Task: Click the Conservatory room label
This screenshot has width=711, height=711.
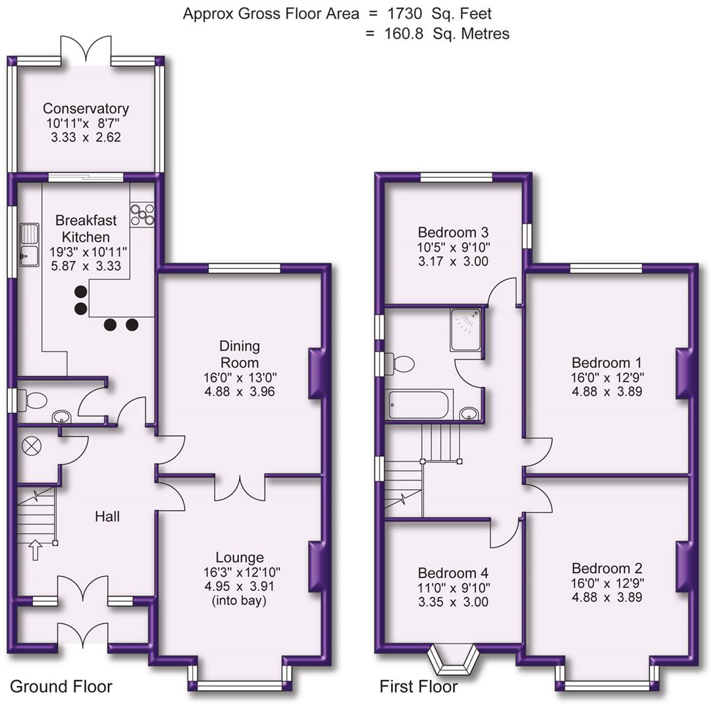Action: (x=86, y=109)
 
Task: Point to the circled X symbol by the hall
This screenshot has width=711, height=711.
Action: (x=31, y=446)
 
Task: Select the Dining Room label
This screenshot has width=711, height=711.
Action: (x=240, y=354)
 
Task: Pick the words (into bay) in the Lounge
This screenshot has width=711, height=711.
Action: (x=240, y=600)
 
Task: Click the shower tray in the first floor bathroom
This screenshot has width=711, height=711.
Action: (x=466, y=329)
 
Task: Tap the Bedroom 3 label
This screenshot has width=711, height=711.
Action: (x=453, y=232)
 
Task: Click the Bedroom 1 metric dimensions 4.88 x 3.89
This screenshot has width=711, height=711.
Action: (x=606, y=391)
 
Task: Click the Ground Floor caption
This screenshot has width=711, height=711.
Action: (x=61, y=687)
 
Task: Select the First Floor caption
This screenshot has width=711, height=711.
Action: (x=418, y=687)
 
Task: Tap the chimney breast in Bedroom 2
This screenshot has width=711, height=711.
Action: (x=685, y=566)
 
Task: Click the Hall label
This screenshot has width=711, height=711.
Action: (x=107, y=517)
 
